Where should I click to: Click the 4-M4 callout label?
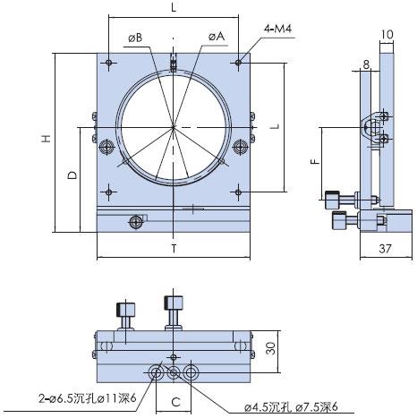(277, 29)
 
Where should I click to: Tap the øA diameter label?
(217, 37)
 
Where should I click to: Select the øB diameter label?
(135, 38)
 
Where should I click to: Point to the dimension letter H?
(46, 139)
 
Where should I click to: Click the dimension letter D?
(72, 175)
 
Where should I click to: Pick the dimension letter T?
(174, 248)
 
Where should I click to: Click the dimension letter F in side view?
(315, 162)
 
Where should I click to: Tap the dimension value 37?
(385, 249)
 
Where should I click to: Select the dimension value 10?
(387, 34)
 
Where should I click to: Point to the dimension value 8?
(366, 64)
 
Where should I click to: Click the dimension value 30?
(271, 348)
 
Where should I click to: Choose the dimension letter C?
(176, 402)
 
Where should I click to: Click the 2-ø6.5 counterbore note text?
(87, 398)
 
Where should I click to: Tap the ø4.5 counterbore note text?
(291, 407)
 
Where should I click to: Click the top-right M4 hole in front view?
(238, 63)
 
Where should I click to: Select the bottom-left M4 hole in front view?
(109, 192)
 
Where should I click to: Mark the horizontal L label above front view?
(174, 8)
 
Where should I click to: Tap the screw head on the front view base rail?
(135, 221)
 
